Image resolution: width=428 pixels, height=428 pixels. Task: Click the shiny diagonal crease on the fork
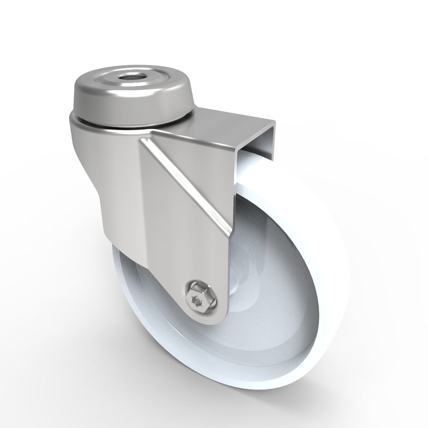click(x=188, y=180)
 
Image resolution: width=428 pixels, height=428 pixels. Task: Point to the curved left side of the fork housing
click(x=90, y=163)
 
